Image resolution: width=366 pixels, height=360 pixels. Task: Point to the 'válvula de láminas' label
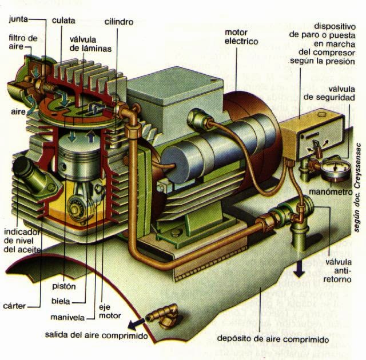pyautogui.click(x=90, y=44)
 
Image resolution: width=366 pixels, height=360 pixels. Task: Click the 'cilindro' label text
pyautogui.click(x=119, y=22)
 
